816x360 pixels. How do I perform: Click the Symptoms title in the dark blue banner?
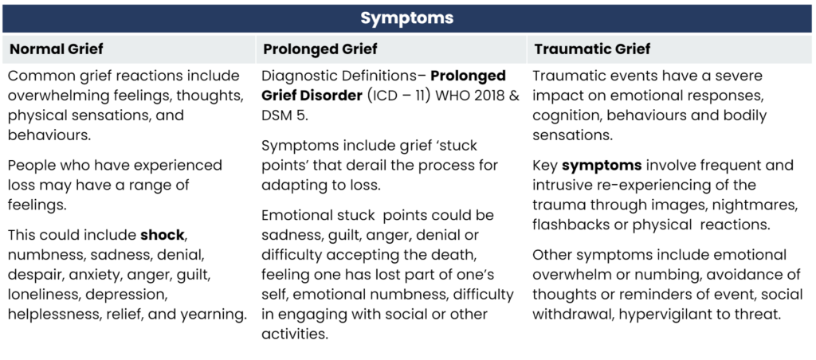coord(407,18)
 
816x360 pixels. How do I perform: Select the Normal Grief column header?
coord(57,49)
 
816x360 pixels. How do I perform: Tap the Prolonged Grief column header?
coord(320,49)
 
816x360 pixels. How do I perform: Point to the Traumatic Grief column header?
coord(592,49)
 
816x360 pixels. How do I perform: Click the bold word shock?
coord(163,235)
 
